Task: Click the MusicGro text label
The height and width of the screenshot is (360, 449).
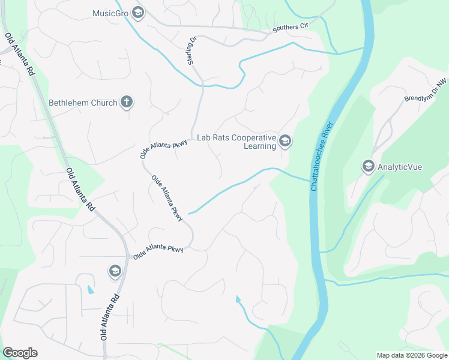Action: tap(111, 13)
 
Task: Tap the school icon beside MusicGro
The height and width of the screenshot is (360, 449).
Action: tap(138, 12)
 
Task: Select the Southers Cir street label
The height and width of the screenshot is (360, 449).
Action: tap(291, 28)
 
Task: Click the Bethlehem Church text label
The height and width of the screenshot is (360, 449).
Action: tap(83, 103)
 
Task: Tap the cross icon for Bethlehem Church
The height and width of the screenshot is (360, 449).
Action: tap(126, 102)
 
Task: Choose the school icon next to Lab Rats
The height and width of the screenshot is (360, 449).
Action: tap(285, 142)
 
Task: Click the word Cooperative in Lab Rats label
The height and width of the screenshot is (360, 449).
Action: tap(250, 137)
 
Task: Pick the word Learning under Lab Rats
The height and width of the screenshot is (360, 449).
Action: tap(260, 146)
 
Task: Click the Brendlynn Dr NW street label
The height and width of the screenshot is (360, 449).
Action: tap(426, 91)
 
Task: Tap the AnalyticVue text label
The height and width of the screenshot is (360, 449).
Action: tap(400, 166)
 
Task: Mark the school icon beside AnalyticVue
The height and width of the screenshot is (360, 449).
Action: tap(368, 166)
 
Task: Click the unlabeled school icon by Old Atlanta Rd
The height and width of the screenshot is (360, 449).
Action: tap(115, 272)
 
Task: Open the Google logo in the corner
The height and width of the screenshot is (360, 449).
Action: tap(20, 353)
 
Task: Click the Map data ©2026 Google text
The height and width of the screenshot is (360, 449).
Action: tap(412, 355)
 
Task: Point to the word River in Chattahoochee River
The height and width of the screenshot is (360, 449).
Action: tap(329, 128)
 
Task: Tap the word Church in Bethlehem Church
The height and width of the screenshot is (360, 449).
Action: tap(104, 103)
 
